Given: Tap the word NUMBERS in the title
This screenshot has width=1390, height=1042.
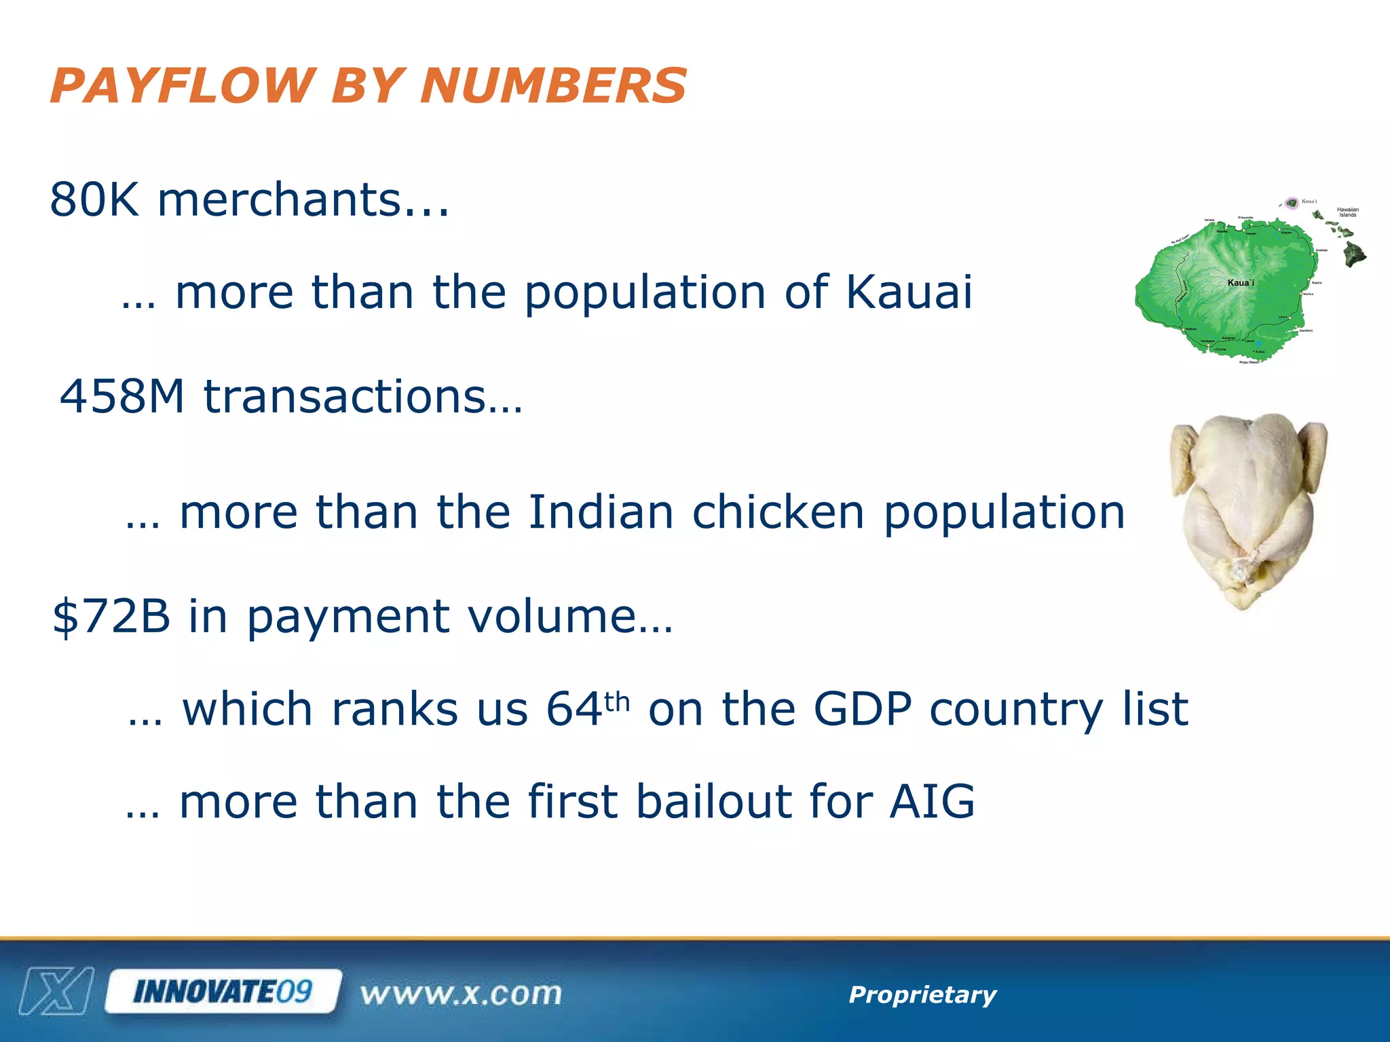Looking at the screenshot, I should (553, 86).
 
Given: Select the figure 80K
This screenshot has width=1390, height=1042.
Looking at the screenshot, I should (94, 200).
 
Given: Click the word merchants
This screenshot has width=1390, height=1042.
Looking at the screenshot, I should (302, 200).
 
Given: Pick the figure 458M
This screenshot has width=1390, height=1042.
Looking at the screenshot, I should (122, 396).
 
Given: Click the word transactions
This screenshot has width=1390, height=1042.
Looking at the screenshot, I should (363, 396).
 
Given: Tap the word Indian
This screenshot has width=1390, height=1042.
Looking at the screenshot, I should (601, 512).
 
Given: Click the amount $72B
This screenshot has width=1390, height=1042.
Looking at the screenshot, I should (111, 617).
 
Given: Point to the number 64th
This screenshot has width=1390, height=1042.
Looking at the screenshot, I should (588, 709).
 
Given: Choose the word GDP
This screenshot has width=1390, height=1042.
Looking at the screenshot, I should (862, 709).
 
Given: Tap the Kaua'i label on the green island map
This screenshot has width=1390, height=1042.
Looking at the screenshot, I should (1241, 282).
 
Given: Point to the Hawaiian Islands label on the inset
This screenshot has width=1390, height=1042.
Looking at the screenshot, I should (1347, 212).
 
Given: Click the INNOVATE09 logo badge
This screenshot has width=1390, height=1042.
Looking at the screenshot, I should (223, 992).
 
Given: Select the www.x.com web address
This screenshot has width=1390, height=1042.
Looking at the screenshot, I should (461, 995).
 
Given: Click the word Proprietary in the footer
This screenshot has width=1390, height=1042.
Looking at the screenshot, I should (922, 995).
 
